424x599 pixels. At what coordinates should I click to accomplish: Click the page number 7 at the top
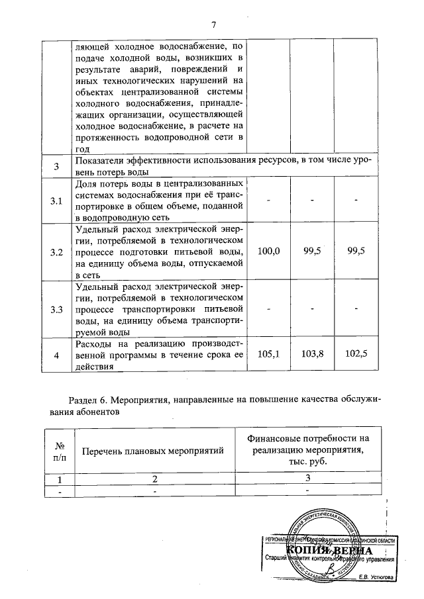[x=214, y=25]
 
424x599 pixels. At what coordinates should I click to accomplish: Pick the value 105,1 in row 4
[x=268, y=354]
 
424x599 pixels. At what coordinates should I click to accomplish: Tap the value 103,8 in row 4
[x=312, y=354]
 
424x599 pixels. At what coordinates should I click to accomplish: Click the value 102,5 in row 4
[x=356, y=354]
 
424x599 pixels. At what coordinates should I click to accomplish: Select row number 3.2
[x=57, y=252]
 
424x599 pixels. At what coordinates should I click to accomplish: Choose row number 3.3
[x=57, y=308]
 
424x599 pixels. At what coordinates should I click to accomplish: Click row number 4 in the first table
[x=57, y=355]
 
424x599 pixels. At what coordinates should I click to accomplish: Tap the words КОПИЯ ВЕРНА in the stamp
[x=329, y=551]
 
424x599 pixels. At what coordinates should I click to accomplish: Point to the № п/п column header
[x=58, y=450]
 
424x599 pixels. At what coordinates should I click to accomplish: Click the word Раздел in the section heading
[x=84, y=400]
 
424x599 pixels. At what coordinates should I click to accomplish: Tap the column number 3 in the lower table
[x=307, y=478]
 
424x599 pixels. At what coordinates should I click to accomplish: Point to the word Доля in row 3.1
[x=88, y=183]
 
